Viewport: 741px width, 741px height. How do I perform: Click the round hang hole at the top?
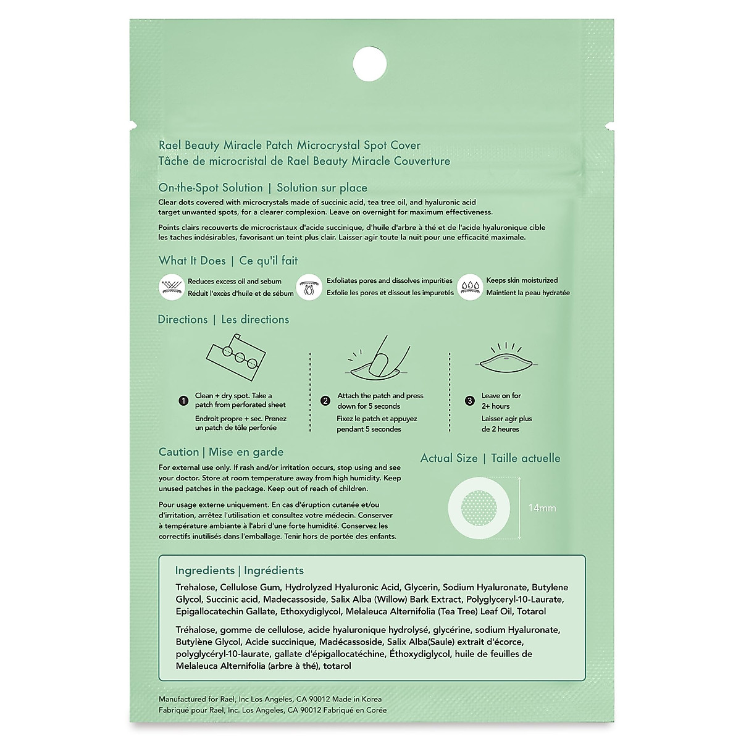[371, 63]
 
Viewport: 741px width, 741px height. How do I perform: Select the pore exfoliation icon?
[309, 287]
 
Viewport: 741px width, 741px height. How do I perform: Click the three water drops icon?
[470, 287]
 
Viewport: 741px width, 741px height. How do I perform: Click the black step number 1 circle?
[183, 401]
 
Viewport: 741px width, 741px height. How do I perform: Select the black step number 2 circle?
[326, 401]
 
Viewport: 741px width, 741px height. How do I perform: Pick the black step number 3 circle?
[470, 401]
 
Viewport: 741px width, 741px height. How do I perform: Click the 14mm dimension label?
[542, 508]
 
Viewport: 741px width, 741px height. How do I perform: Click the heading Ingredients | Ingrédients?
[239, 571]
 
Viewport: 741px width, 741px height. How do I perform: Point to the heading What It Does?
[192, 261]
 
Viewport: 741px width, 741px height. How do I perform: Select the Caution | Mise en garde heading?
[220, 452]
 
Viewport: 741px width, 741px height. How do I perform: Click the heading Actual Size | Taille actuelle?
[490, 458]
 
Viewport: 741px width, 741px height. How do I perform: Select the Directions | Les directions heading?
[223, 319]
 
